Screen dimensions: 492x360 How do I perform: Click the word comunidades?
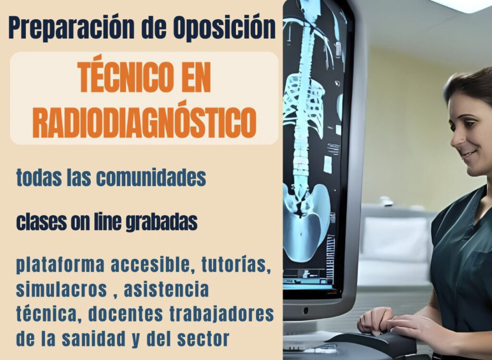(151, 178)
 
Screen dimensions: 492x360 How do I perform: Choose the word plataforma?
(60, 265)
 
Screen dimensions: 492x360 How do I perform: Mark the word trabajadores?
(222, 314)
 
